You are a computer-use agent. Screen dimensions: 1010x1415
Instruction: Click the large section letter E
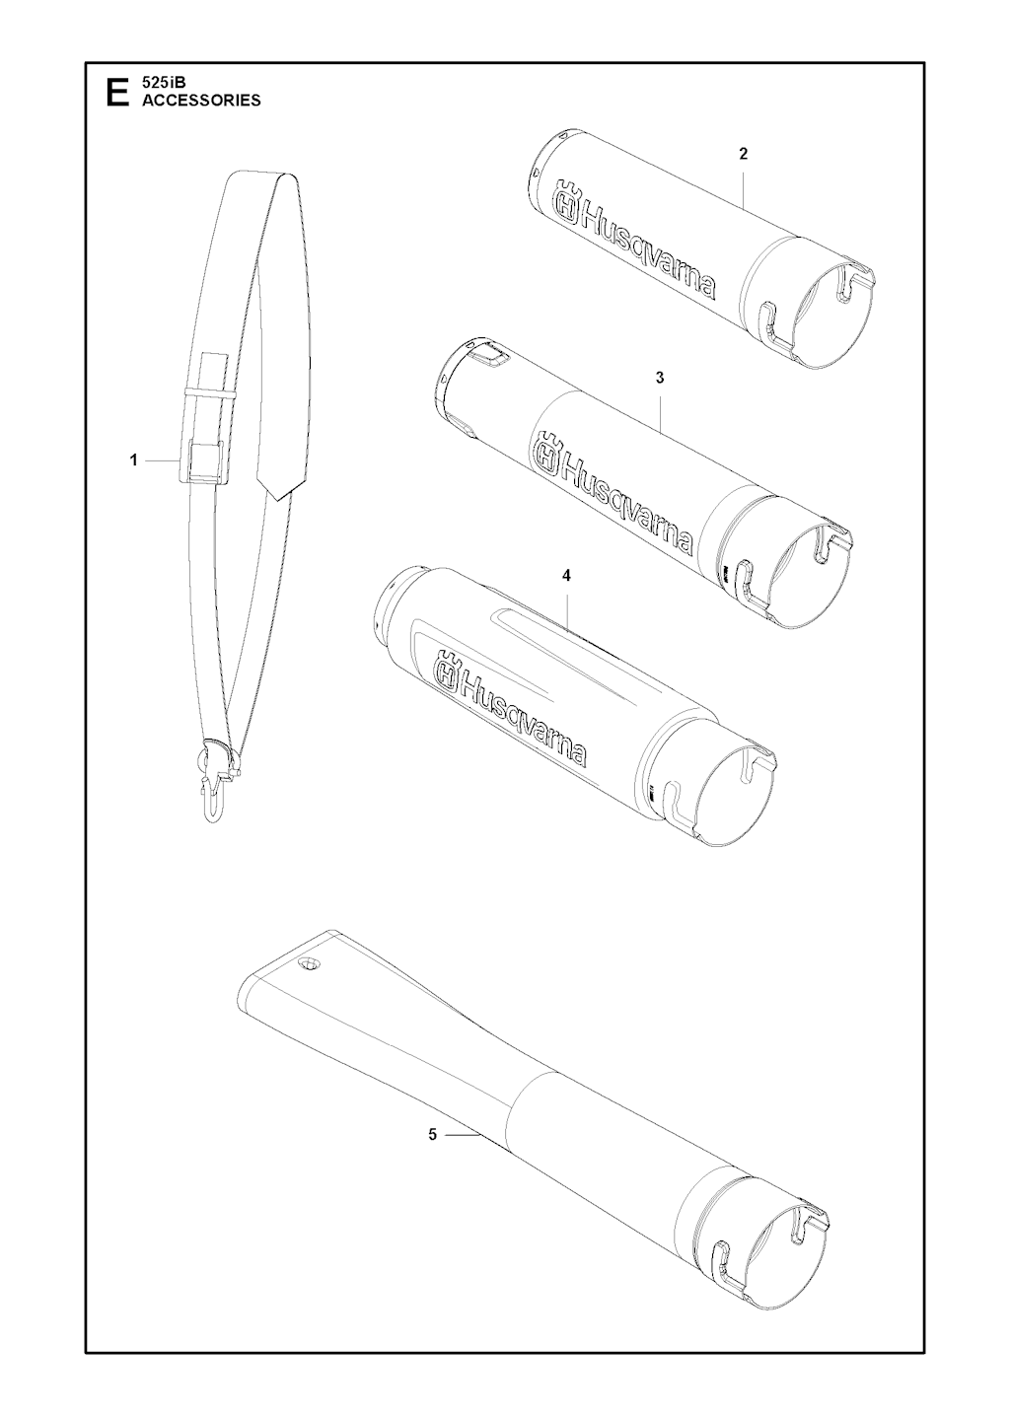[118, 92]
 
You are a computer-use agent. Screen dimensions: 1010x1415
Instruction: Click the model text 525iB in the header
[161, 82]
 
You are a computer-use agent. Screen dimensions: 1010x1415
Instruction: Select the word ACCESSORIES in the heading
[201, 101]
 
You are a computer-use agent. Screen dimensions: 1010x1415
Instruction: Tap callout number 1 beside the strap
[133, 460]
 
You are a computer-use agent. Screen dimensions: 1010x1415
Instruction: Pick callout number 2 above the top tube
[744, 154]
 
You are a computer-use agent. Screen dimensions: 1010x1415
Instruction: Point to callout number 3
[660, 378]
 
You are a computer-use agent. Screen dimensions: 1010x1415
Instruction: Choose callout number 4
[566, 576]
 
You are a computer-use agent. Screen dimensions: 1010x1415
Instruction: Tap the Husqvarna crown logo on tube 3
[548, 454]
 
